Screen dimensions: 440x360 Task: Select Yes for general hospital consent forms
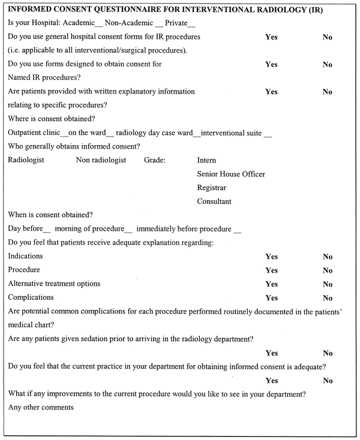(271, 37)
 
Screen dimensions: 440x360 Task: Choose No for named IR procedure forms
(327, 65)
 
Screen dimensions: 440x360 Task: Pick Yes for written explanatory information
(271, 92)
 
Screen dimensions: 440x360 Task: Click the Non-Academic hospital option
(125, 23)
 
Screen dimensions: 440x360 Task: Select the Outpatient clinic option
(32, 132)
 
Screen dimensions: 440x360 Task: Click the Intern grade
(206, 161)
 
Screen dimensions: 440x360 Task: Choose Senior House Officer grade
(231, 174)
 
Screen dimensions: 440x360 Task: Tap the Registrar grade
(211, 188)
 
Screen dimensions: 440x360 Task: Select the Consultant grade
(214, 201)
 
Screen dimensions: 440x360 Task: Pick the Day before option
(26, 229)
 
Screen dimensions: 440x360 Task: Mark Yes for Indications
(271, 257)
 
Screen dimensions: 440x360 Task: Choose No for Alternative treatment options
(327, 284)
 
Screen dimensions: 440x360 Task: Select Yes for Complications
(271, 298)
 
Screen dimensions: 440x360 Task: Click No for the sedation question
(327, 353)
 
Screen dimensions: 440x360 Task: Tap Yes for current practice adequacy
(271, 381)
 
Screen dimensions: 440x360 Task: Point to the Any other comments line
(41, 408)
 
